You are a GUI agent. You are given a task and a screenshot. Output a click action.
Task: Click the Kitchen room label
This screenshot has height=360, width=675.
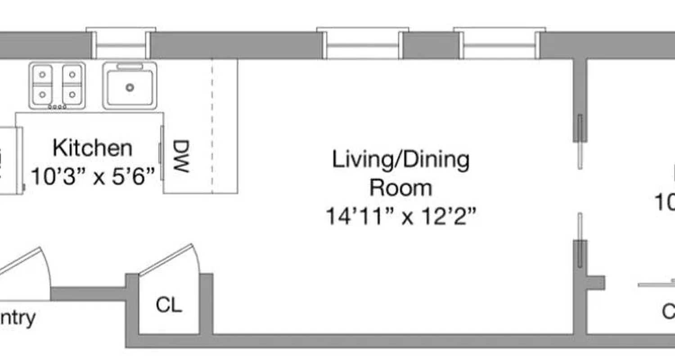93,148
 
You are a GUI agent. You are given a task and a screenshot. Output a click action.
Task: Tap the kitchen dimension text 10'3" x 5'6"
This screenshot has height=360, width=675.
93,176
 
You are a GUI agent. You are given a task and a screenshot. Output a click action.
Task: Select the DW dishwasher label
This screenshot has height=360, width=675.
181,156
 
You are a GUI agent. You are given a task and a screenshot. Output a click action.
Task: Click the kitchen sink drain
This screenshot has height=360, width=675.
130,87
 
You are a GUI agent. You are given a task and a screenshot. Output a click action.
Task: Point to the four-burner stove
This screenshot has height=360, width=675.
57,85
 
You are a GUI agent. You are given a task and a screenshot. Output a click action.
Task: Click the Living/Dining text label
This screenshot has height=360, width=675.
400,160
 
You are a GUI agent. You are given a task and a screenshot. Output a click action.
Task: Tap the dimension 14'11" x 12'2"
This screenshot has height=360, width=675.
400,216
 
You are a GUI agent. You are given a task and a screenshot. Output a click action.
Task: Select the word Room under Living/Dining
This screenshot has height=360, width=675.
400,188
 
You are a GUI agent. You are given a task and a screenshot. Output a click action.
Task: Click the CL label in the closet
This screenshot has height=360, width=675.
169,305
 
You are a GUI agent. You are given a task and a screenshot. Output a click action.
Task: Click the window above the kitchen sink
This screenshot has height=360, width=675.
121,44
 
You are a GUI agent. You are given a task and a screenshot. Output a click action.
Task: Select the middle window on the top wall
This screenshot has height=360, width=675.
363,44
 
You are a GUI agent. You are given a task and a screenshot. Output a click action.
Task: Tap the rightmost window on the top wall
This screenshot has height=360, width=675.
499,44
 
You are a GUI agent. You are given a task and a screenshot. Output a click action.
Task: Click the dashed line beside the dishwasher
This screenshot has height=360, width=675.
212,126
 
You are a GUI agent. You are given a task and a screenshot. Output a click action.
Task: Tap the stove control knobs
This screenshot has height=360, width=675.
57,107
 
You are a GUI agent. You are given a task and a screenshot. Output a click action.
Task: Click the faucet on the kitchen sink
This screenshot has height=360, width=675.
130,67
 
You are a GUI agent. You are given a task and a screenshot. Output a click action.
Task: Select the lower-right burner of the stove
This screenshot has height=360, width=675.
72,95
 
